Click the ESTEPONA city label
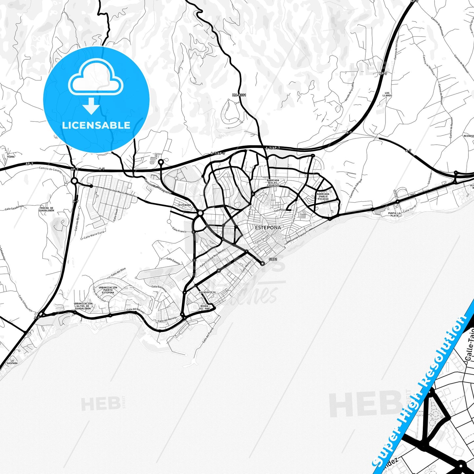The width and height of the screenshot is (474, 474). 268,227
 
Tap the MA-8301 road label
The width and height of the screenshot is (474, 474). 239,95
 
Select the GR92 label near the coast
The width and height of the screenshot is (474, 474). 273,259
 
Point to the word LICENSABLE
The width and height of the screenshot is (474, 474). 96,125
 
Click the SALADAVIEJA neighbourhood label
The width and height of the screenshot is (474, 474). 207,292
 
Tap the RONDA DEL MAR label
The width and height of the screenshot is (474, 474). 204,307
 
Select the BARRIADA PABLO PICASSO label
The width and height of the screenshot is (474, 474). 323,196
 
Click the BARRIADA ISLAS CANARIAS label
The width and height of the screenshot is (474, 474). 273,183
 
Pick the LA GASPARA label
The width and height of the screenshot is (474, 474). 12,362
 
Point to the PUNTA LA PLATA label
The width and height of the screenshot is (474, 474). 394,215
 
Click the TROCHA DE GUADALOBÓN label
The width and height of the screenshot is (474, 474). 47,209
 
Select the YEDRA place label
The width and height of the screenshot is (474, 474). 11,157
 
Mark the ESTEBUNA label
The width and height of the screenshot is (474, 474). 184,205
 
